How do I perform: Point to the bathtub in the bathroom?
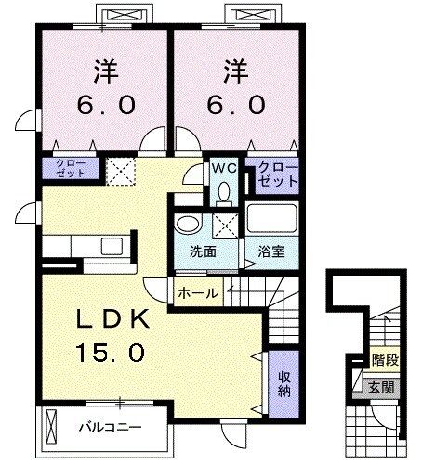pos(270,222)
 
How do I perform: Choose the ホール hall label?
pos(197,293)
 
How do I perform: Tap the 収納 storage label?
pos(284,382)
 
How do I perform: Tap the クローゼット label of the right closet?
pos(272,172)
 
